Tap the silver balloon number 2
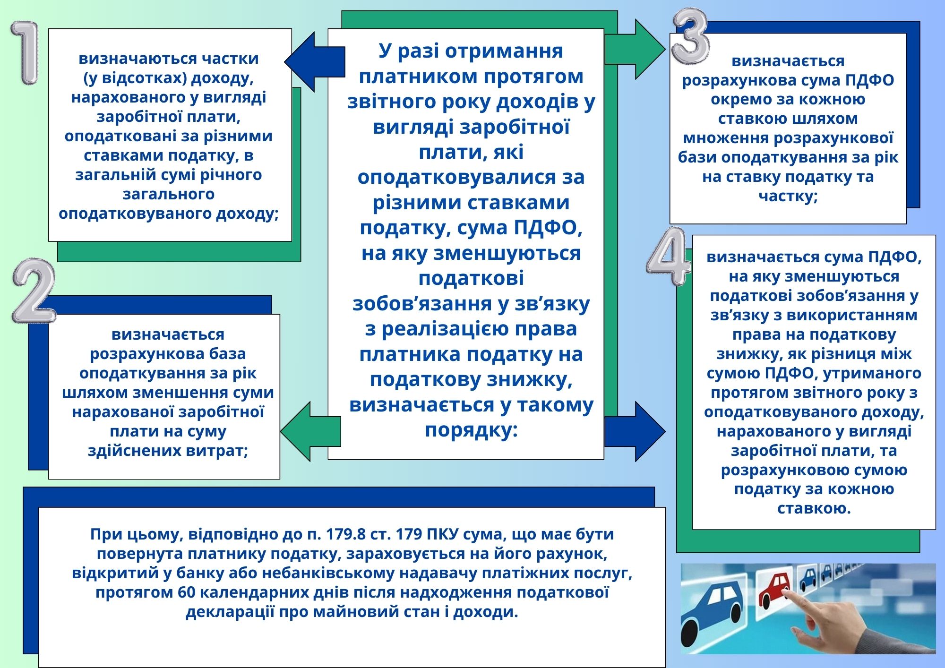point(34,291)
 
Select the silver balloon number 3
point(690,37)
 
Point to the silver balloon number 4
point(668,257)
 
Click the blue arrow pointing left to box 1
point(314,62)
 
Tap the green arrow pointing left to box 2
point(311,431)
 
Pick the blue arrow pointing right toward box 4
point(635,431)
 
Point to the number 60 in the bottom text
point(187,592)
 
